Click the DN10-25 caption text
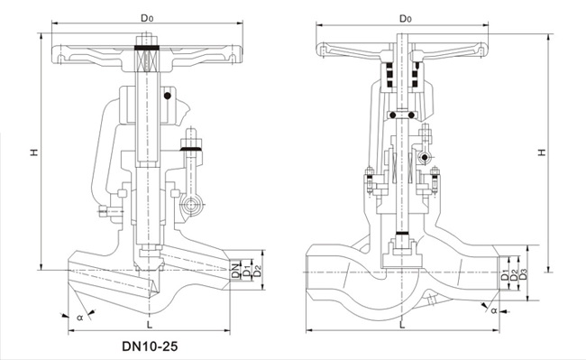150,346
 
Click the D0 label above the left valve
147,17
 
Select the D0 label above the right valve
406,18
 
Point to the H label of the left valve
34,152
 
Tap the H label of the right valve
542,152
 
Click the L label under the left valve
150,324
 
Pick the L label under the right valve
402,325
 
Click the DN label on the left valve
235,271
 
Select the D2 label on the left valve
257,271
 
